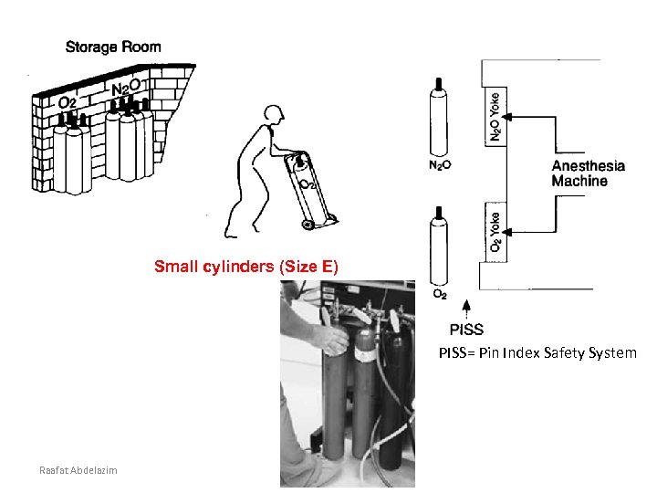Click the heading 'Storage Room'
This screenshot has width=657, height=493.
[113, 47]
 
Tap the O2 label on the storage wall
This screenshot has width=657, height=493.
[67, 102]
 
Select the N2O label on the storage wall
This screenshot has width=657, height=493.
[126, 89]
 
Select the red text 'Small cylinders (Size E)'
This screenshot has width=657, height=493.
[245, 267]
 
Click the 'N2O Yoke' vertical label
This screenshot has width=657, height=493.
[495, 116]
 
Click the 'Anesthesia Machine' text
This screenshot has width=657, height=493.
[589, 173]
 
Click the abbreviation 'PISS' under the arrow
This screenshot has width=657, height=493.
[466, 330]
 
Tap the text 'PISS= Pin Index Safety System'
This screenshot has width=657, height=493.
[537, 352]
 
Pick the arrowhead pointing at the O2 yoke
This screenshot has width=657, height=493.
[507, 229]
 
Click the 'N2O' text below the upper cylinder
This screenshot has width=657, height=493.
[439, 165]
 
